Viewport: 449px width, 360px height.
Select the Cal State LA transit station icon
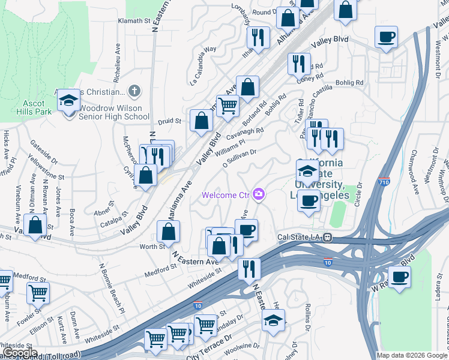328,237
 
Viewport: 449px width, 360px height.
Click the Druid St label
169,121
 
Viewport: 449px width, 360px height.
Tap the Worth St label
152,247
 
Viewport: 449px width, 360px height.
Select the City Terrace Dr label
209,347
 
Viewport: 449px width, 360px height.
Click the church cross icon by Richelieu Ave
134,92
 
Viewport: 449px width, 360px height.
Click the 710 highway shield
384,181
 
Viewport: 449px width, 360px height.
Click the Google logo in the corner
20,353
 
